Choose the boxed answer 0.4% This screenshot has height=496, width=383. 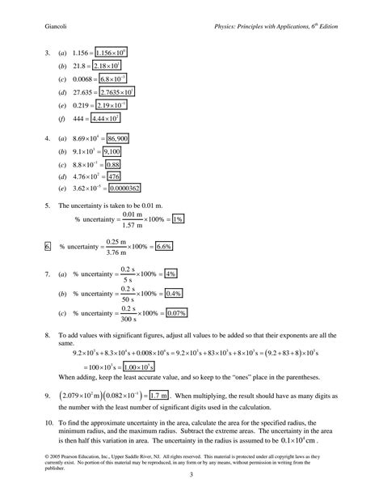175,293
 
